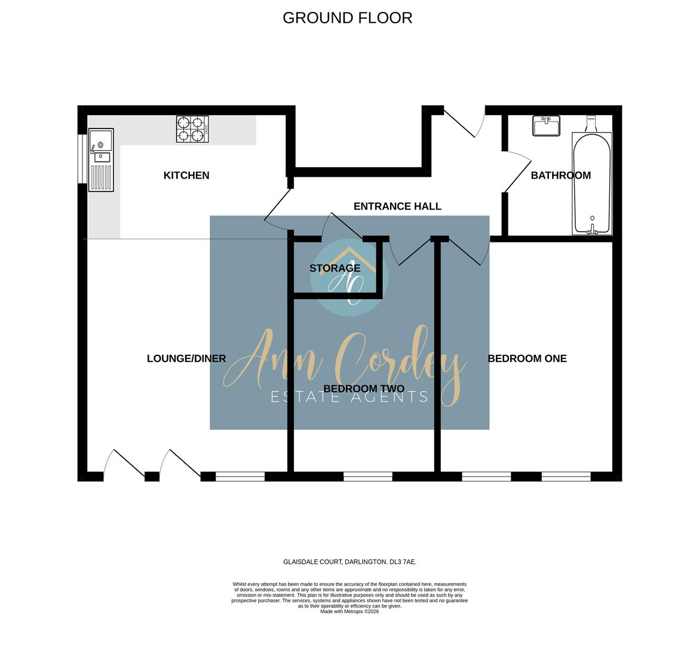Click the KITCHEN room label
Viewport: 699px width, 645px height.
pyautogui.click(x=186, y=175)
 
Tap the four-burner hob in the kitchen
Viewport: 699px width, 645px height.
pyautogui.click(x=192, y=129)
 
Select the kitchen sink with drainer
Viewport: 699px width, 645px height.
pyautogui.click(x=101, y=160)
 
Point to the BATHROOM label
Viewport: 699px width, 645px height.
pyautogui.click(x=561, y=175)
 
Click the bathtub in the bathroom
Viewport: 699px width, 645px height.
pyautogui.click(x=592, y=183)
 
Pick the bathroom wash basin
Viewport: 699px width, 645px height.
pyautogui.click(x=546, y=125)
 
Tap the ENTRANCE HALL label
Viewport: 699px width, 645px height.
pyautogui.click(x=397, y=207)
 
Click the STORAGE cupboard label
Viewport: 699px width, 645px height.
pyautogui.click(x=335, y=268)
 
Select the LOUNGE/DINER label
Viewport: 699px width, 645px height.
pyautogui.click(x=186, y=358)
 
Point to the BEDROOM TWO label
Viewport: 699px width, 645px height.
pyautogui.click(x=364, y=389)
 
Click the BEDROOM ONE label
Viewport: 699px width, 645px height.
pyautogui.click(x=528, y=358)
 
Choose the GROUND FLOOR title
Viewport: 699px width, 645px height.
pyautogui.click(x=347, y=18)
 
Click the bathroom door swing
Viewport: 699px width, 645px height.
pyautogui.click(x=517, y=171)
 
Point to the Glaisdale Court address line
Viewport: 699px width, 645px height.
pyautogui.click(x=349, y=562)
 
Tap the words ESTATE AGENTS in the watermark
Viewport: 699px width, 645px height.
pyautogui.click(x=349, y=397)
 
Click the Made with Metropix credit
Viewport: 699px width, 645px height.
pyautogui.click(x=349, y=612)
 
